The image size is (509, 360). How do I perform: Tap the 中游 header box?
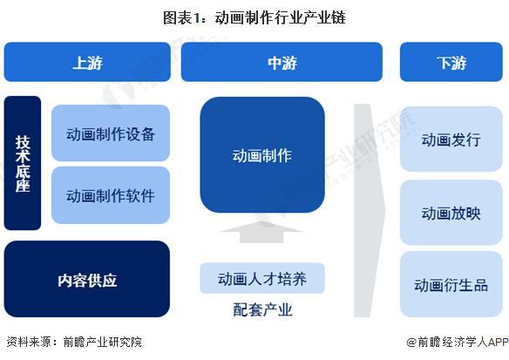(282, 62)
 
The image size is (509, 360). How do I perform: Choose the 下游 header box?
(451, 62)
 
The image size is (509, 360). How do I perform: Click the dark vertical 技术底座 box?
(23, 163)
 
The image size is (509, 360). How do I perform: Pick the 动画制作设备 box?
(111, 133)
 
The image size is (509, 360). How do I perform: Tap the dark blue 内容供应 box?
(87, 280)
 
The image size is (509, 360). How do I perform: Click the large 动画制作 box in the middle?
(262, 156)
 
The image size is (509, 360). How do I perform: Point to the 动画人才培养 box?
(262, 279)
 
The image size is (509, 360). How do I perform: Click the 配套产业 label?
(262, 309)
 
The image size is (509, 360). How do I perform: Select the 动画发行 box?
(451, 139)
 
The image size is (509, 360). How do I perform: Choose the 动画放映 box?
(451, 212)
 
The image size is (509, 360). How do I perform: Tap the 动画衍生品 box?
(451, 284)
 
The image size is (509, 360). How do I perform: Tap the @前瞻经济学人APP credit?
(453, 343)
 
